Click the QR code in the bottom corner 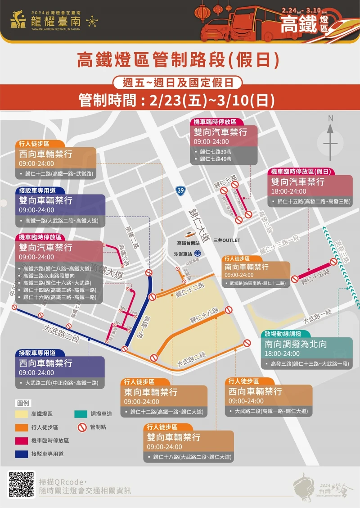(22, 485)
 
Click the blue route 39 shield (180, 191)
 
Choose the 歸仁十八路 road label (204, 315)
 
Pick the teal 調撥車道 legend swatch (81, 414)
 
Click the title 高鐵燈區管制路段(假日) (179, 60)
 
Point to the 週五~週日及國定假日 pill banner (179, 82)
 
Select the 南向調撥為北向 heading (296, 344)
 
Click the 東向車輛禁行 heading (151, 392)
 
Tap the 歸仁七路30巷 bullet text (216, 151)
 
